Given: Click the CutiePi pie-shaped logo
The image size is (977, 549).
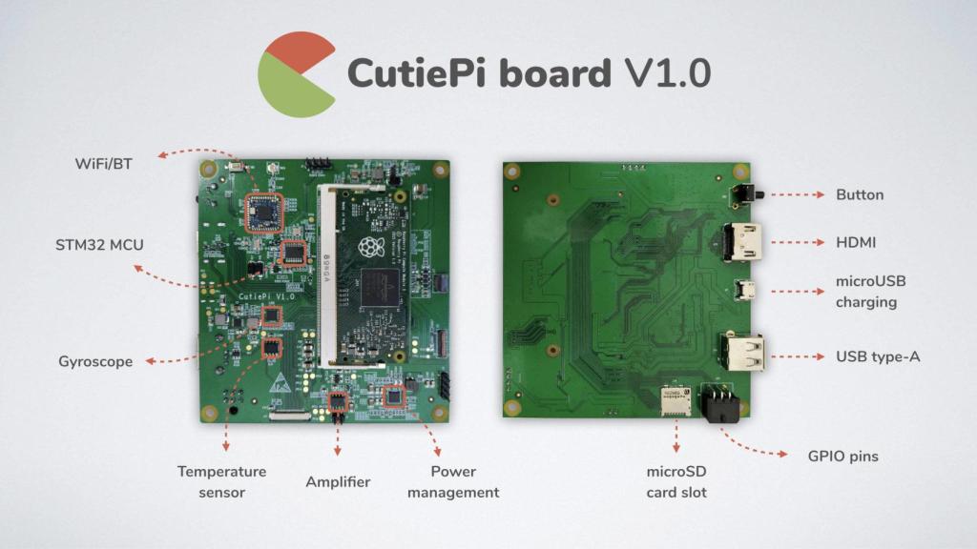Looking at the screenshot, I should pyautogui.click(x=295, y=74).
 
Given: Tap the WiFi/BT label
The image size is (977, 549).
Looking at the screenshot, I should pyautogui.click(x=103, y=164).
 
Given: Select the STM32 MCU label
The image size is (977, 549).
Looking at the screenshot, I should pyautogui.click(x=99, y=245).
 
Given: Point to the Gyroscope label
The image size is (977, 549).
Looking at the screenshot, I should pyautogui.click(x=95, y=361).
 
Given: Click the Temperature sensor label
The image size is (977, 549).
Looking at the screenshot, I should pyautogui.click(x=221, y=481).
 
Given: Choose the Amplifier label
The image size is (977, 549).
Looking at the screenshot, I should pyautogui.click(x=337, y=481).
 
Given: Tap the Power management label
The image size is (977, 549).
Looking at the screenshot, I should pyautogui.click(x=452, y=481).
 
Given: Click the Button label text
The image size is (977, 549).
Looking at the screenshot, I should pyautogui.click(x=860, y=194).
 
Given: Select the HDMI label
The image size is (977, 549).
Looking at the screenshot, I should pyautogui.click(x=856, y=242).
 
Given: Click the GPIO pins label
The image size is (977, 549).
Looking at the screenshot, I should pyautogui.click(x=842, y=456).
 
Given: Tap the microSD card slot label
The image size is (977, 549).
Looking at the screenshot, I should pyautogui.click(x=676, y=481).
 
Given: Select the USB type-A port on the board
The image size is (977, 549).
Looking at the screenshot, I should pyautogui.click(x=743, y=352).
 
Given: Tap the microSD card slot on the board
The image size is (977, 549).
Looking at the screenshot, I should pyautogui.click(x=677, y=401).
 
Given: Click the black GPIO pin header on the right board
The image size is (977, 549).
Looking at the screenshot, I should pyautogui.click(x=722, y=403).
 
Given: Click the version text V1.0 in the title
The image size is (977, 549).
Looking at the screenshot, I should pyautogui.click(x=668, y=73).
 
